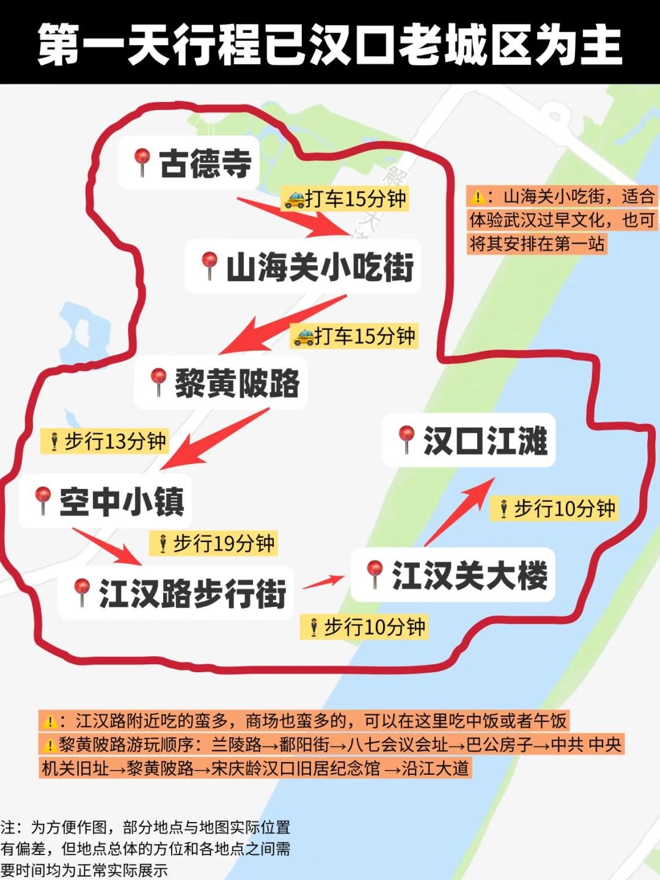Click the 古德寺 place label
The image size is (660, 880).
pyautogui.click(x=205, y=163)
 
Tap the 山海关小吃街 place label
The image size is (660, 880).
pyautogui.click(x=320, y=267)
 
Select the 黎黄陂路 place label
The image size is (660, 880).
pyautogui.click(x=237, y=383)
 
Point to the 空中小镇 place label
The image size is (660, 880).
pyautogui.click(x=122, y=502)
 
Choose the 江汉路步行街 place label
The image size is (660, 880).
pyautogui.click(x=192, y=593)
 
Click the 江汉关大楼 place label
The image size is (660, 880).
pyautogui.click(x=469, y=575)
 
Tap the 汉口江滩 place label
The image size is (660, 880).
pyautogui.click(x=485, y=441)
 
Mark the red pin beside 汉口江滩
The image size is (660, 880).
pyautogui.click(x=406, y=438)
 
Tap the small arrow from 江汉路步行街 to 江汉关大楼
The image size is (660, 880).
pyautogui.click(x=324, y=582)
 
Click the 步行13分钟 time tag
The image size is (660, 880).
pyautogui.click(x=105, y=441)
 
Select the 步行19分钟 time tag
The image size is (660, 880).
pyautogui.click(x=214, y=543)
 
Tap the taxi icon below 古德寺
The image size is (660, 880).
pyautogui.click(x=295, y=200)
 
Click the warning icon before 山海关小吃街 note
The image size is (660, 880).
pyautogui.click(x=477, y=197)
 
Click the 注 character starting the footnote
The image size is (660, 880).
pyautogui.click(x=8, y=827)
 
